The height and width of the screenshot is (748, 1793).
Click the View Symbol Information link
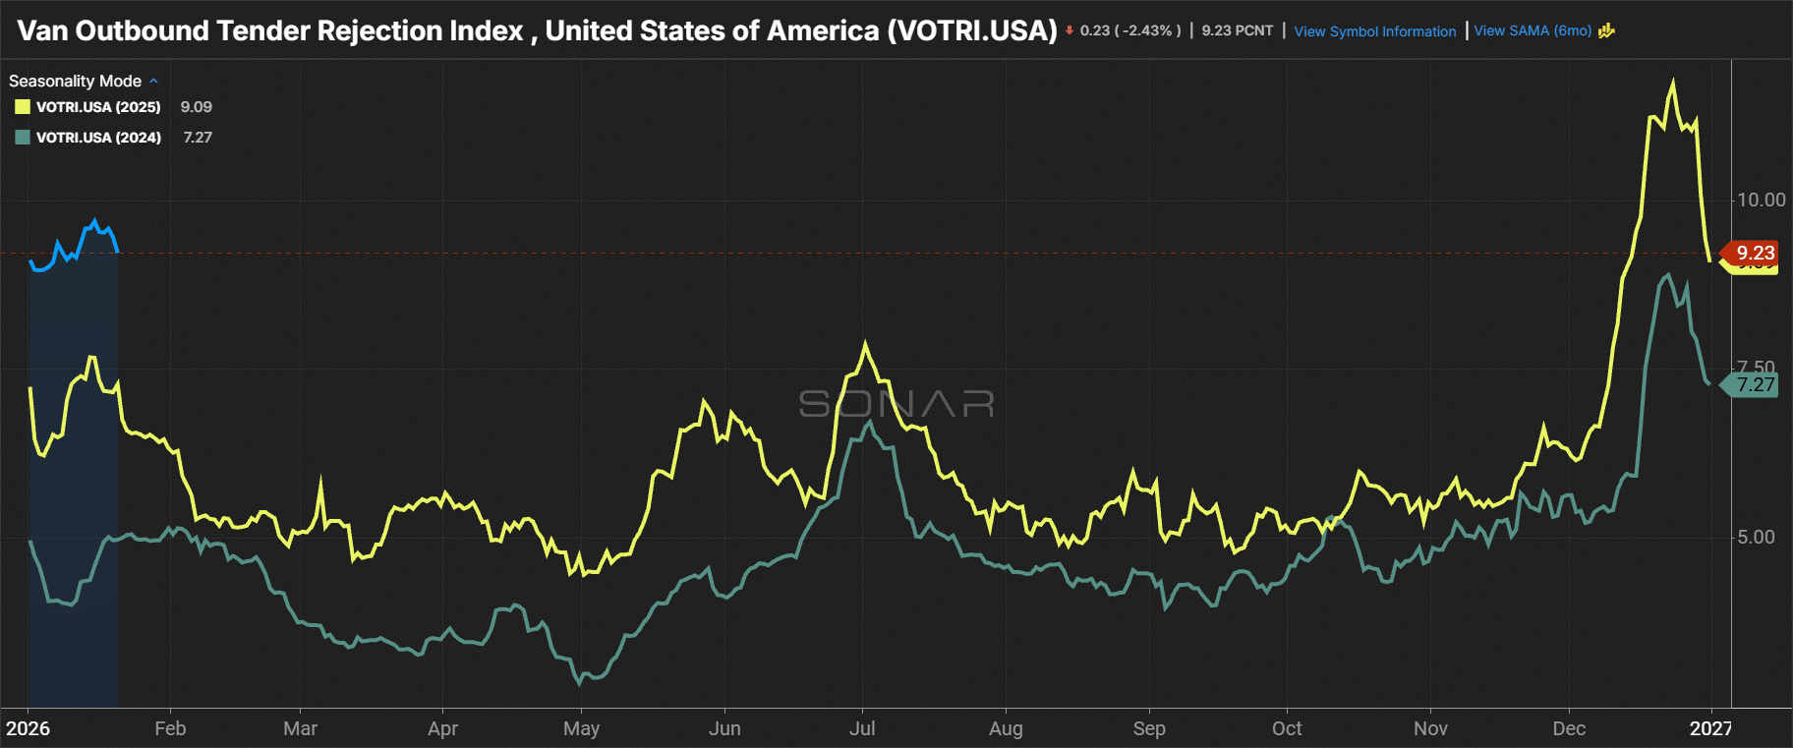[x=1374, y=31]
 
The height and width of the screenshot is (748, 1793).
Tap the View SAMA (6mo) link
[x=1533, y=30]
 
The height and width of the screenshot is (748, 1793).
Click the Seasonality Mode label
[x=76, y=81]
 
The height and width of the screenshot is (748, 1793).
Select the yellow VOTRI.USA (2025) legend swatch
[x=23, y=107]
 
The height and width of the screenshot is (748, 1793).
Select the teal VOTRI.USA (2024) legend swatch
[x=23, y=138]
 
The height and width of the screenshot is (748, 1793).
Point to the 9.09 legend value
[x=196, y=107]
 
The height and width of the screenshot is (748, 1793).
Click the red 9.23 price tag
[x=1754, y=253]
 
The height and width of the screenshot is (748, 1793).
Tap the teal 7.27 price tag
[x=1754, y=384]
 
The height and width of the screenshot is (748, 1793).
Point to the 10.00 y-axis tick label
[x=1761, y=201]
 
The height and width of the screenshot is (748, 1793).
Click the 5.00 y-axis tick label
[x=1756, y=537]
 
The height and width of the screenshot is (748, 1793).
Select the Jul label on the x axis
[x=862, y=728]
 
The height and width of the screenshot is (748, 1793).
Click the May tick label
[x=581, y=728]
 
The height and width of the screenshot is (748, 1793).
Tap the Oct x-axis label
[x=1287, y=728]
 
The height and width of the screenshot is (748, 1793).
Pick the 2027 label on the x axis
[x=1710, y=728]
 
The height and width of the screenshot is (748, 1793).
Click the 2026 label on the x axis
[x=28, y=728]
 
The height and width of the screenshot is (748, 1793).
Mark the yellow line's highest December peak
[x=1673, y=83]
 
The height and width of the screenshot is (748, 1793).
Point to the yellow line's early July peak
[x=865, y=343]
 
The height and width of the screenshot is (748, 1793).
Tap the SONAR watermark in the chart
[x=896, y=403]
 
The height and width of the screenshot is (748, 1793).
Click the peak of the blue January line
[x=95, y=220]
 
